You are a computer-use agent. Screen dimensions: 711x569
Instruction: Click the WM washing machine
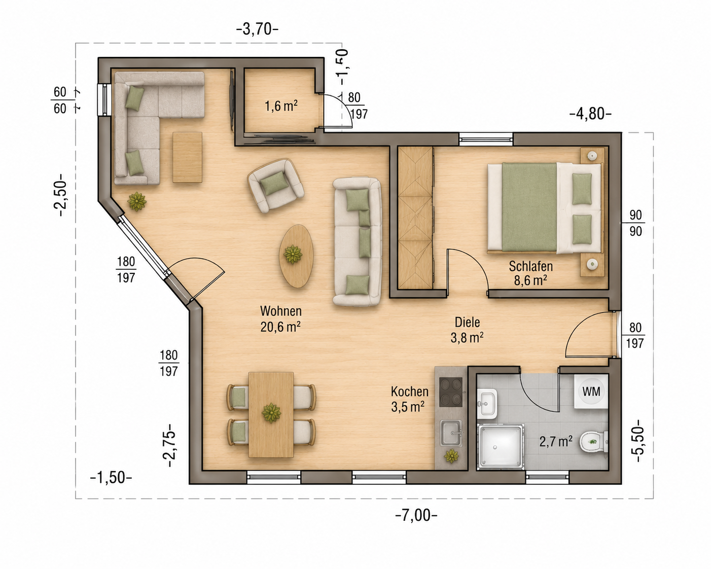click(x=591, y=391)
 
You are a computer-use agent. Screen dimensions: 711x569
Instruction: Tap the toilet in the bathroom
click(x=594, y=441)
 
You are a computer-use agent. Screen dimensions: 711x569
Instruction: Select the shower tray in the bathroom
click(x=501, y=447)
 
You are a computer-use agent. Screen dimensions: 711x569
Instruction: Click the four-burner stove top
click(x=450, y=392)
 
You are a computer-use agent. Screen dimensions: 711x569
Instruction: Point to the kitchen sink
click(x=451, y=433)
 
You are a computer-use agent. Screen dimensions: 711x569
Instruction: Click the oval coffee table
click(x=296, y=257)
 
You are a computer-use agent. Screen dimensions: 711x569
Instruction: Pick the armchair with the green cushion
click(x=275, y=186)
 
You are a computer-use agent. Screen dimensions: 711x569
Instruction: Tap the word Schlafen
click(x=530, y=266)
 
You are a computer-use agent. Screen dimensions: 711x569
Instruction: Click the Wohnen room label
click(x=281, y=311)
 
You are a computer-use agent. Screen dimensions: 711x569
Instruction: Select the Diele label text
click(x=467, y=322)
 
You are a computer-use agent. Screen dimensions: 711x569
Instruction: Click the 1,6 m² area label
click(x=281, y=106)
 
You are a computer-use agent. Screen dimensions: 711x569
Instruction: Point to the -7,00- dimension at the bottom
click(x=416, y=515)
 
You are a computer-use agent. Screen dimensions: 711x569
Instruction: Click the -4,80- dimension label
click(x=590, y=114)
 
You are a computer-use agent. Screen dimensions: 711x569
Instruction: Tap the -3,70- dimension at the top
click(x=258, y=30)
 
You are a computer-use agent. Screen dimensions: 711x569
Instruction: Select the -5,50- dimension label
click(x=639, y=441)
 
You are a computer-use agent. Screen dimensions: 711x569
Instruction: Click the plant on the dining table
click(x=271, y=413)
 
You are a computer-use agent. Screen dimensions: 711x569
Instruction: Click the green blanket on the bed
click(x=529, y=207)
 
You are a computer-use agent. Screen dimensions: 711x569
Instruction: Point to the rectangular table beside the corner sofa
click(x=187, y=157)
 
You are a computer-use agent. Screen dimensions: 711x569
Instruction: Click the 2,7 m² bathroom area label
click(x=556, y=441)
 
